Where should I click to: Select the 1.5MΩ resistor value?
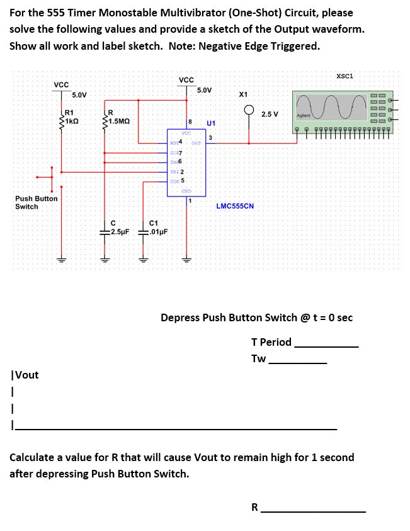[118, 122]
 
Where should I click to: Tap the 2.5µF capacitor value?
[118, 231]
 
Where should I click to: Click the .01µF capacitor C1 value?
[157, 231]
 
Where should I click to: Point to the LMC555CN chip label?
[234, 206]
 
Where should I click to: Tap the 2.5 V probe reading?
[270, 114]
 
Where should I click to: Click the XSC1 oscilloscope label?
[345, 76]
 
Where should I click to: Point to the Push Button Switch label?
[36, 202]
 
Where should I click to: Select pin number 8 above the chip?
[190, 121]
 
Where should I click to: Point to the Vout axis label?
[25, 375]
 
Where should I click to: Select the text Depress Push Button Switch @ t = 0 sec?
[256, 317]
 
